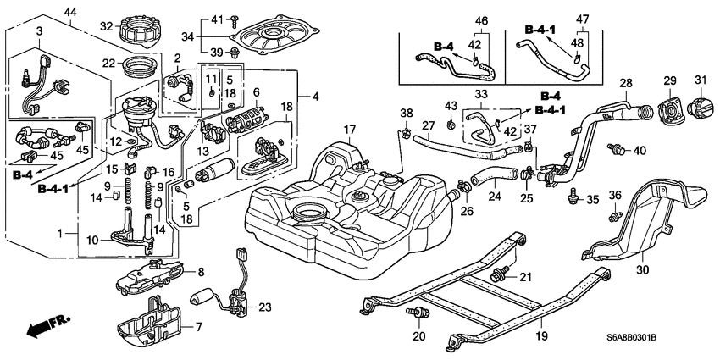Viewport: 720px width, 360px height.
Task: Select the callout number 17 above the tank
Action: (349, 129)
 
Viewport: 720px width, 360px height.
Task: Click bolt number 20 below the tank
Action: (418, 316)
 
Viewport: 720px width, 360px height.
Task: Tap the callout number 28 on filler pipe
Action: (625, 82)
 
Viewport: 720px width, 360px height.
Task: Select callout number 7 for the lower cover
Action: (200, 327)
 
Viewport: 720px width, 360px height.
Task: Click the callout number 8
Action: (201, 272)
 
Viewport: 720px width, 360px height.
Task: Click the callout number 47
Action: (584, 19)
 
